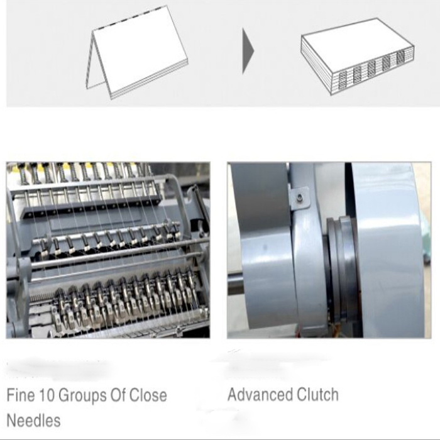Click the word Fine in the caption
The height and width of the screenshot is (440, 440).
point(21,395)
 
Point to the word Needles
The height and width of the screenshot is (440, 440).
point(33,421)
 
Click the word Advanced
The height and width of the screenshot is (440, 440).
point(260,394)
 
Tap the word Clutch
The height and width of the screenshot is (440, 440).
point(317,394)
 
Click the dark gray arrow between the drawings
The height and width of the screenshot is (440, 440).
point(248,52)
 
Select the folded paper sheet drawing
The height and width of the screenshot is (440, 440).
point(136,52)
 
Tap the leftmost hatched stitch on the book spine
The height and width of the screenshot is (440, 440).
point(343,80)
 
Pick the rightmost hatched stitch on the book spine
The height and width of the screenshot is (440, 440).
point(400,57)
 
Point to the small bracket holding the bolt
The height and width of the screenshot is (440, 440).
point(299,199)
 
